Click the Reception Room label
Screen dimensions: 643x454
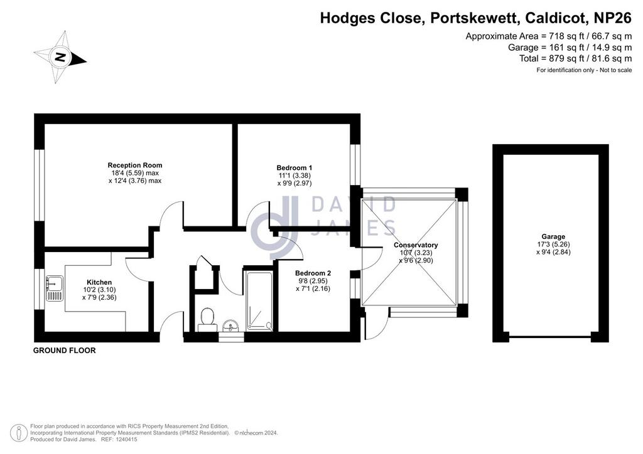(135, 166)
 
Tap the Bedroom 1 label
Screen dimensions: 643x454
(294, 168)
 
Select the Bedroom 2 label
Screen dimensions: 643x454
(313, 273)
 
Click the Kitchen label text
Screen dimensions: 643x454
(99, 282)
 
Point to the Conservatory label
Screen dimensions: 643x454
(416, 245)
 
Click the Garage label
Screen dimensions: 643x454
(553, 236)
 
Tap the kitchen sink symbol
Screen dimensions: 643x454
(55, 288)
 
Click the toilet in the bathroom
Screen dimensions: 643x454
(207, 320)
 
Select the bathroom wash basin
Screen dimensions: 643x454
(231, 326)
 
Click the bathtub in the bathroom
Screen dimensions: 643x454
(259, 301)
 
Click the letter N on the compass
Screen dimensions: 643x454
(60, 57)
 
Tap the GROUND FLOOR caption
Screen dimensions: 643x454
(65, 351)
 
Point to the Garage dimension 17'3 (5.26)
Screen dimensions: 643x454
(553, 245)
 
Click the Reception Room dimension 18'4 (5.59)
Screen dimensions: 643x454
(127, 173)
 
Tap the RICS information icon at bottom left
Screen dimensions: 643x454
(18, 433)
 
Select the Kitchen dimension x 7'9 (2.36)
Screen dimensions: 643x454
(99, 298)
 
